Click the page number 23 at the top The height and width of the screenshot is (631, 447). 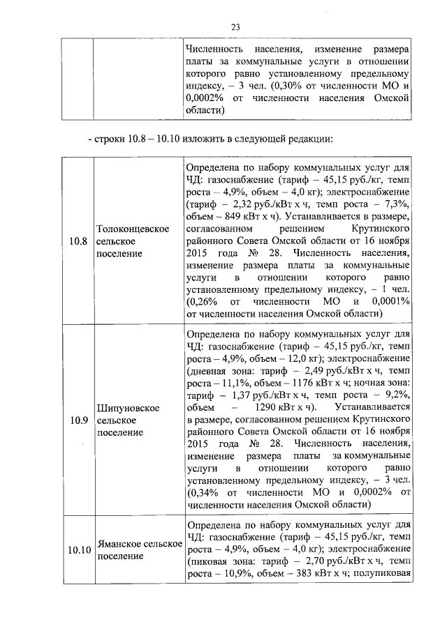coord(235,27)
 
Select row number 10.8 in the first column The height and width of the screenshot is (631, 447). coord(78,242)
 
